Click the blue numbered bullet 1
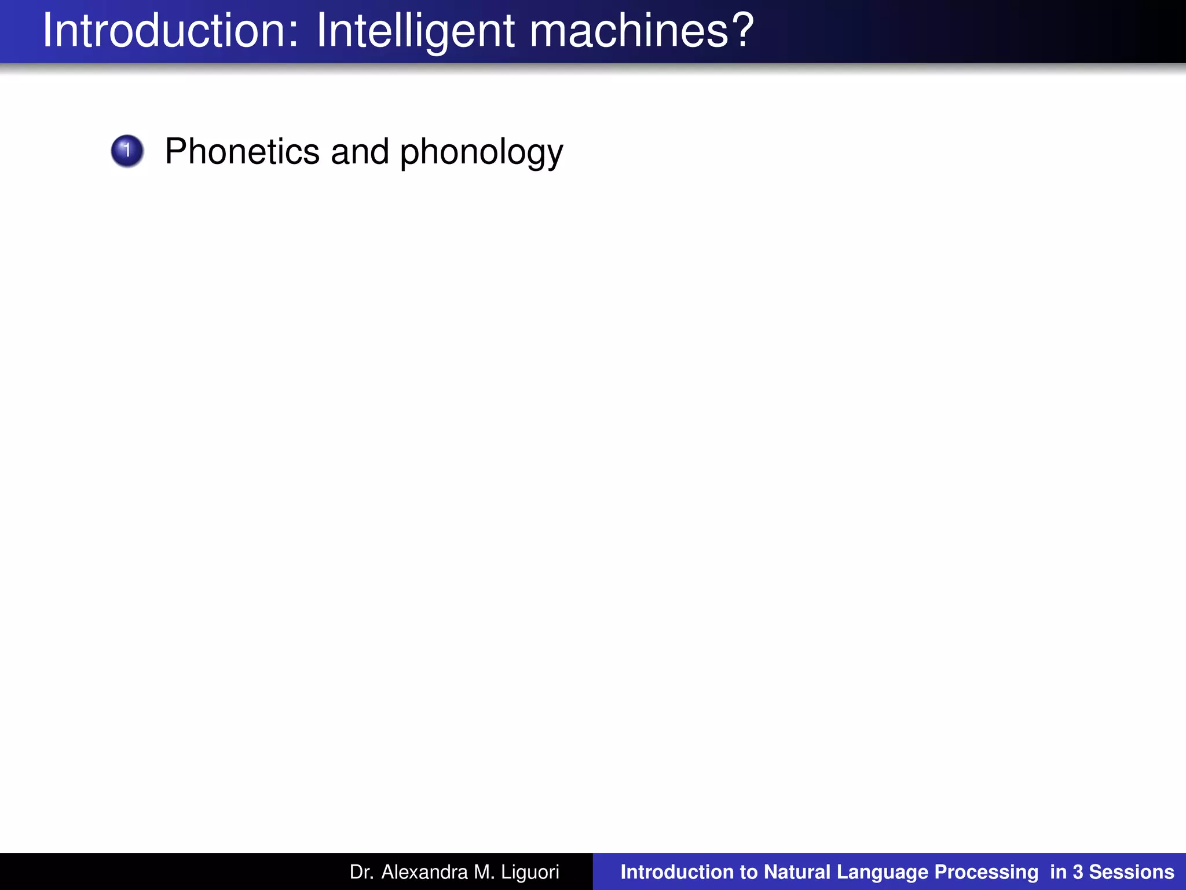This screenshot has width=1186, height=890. coord(127,151)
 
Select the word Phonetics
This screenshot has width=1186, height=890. coord(242,151)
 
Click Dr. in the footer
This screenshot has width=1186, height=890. coord(361,872)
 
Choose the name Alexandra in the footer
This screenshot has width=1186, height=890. coord(424,872)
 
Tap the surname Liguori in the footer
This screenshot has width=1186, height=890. coord(530,872)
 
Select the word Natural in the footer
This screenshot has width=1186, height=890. coord(797,872)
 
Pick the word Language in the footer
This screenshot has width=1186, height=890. coord(883,873)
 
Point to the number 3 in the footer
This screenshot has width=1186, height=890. coord(1077,872)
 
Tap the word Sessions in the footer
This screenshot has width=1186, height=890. coord(1132,872)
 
